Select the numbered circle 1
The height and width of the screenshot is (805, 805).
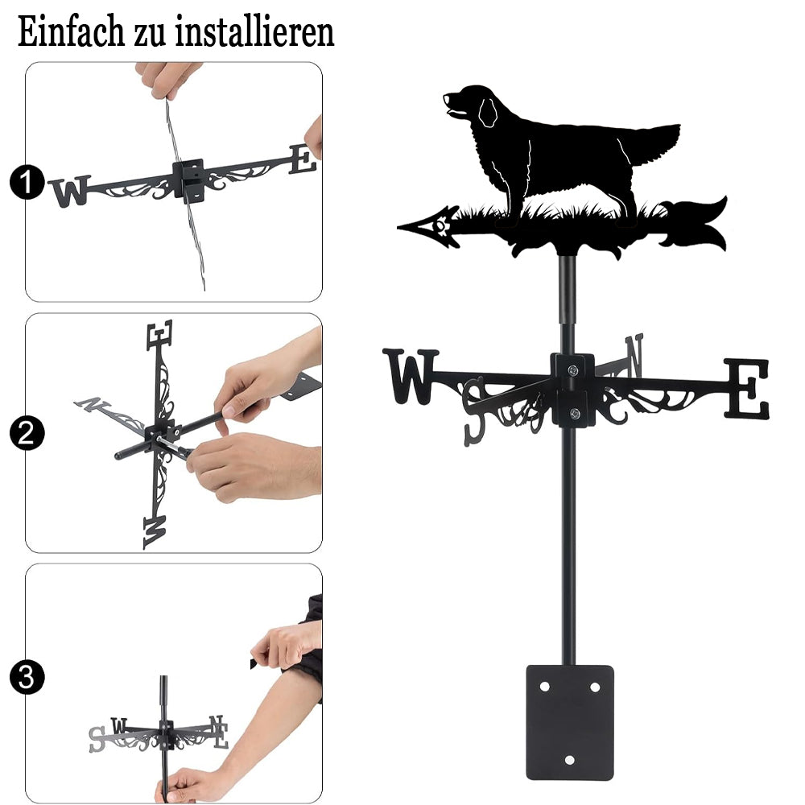[x=27, y=182]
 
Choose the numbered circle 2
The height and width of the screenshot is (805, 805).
[x=27, y=433]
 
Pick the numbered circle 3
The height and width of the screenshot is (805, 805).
[x=27, y=677]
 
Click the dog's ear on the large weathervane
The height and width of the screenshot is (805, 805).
[x=487, y=113]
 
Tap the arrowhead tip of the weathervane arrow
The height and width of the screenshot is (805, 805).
[x=398, y=227]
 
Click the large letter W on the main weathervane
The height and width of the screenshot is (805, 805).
[x=411, y=376]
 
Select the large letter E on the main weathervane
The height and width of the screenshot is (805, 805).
[x=747, y=388]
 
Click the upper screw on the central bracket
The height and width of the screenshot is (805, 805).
[x=573, y=369]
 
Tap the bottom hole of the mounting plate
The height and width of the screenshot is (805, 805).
[x=569, y=760]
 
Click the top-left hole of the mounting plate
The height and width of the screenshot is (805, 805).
[x=545, y=687]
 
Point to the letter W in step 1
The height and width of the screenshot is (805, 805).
[x=70, y=191]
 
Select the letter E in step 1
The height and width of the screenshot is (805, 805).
[x=303, y=159]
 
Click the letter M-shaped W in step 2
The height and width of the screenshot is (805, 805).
[x=155, y=532]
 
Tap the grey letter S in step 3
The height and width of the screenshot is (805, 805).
[x=97, y=739]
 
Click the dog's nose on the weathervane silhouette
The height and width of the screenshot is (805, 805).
[x=446, y=96]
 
